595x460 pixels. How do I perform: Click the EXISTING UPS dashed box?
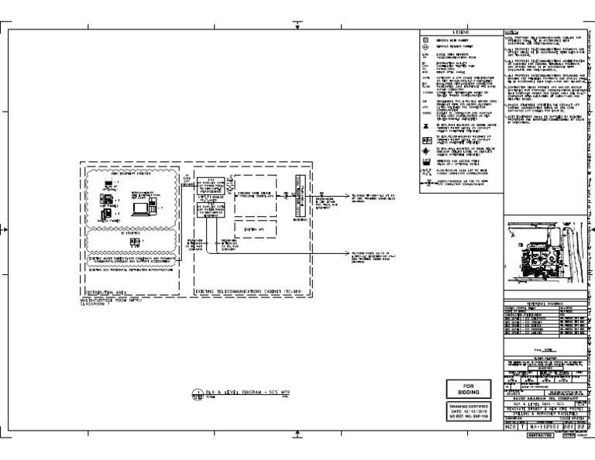pyautogui.click(x=249, y=229)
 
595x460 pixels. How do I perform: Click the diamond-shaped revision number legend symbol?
pyautogui.click(x=424, y=46)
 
